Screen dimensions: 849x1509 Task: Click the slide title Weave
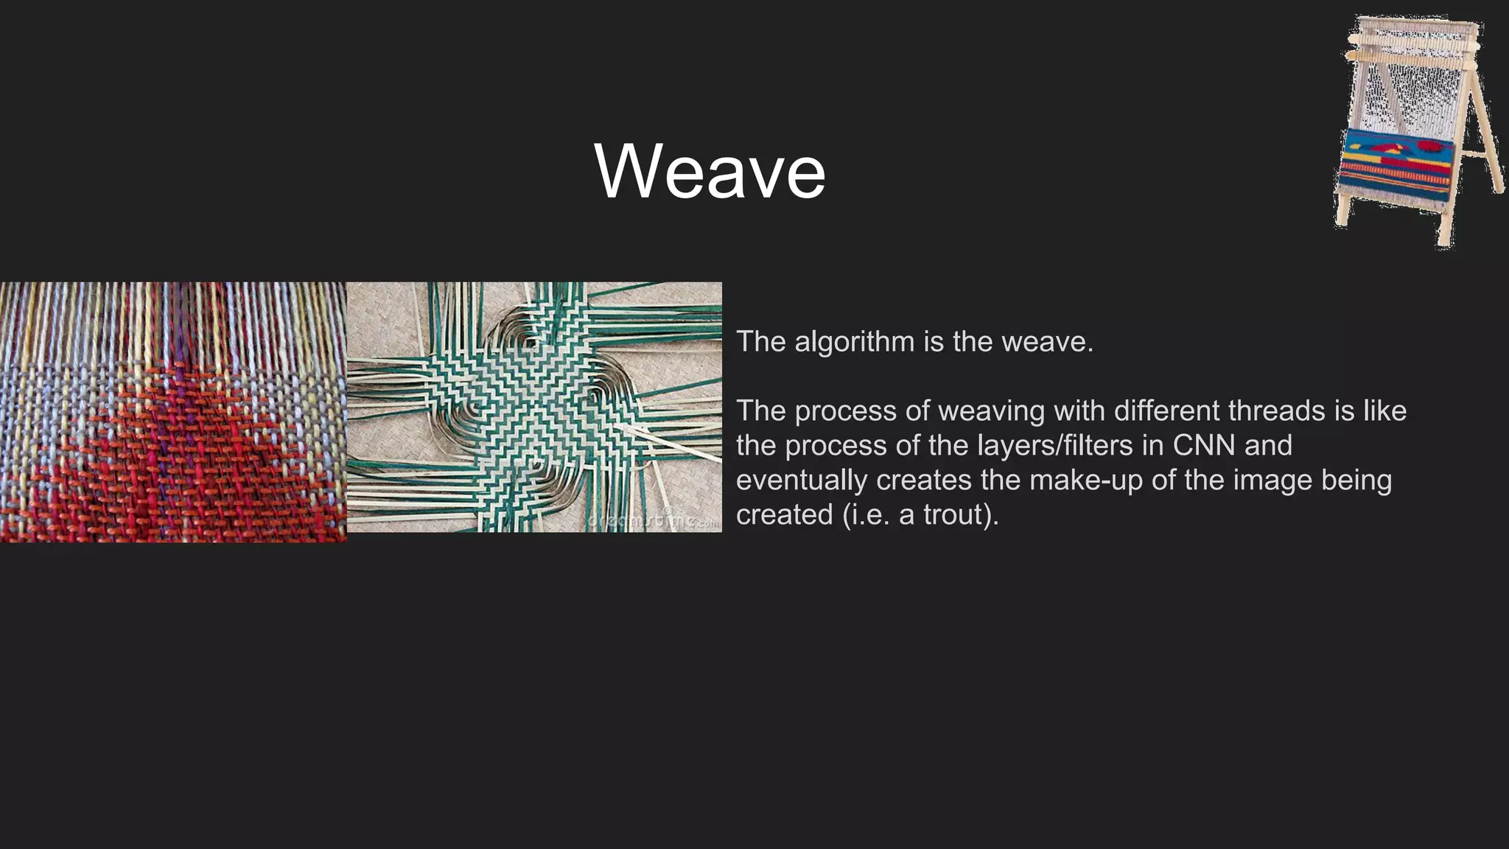[x=710, y=171]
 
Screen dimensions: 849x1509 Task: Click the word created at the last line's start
[x=784, y=514]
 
